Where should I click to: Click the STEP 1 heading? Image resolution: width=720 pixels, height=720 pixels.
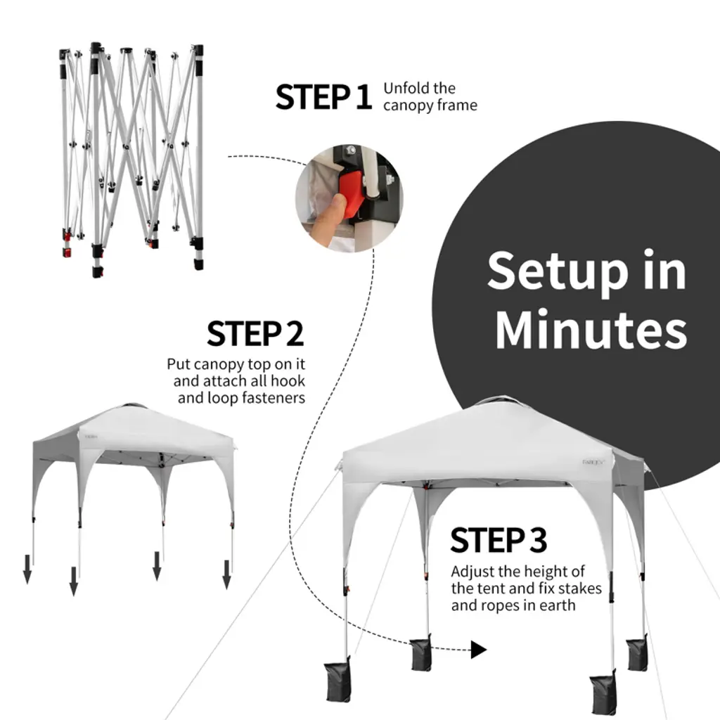pyautogui.click(x=323, y=97)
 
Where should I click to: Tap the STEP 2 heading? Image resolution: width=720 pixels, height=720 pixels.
pyautogui.click(x=255, y=334)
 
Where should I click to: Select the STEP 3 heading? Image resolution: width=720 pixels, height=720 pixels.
pyautogui.click(x=499, y=540)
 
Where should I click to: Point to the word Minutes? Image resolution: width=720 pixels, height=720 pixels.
pyautogui.click(x=591, y=329)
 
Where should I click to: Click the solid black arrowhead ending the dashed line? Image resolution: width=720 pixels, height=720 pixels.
pyautogui.click(x=479, y=650)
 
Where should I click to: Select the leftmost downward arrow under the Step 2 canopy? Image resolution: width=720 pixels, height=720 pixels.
pyautogui.click(x=27, y=569)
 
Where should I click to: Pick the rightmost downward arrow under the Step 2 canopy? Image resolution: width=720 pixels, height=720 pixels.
pyautogui.click(x=226, y=574)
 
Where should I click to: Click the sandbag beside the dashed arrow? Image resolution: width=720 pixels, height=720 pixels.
pyautogui.click(x=421, y=654)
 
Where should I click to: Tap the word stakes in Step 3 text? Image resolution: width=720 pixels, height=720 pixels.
pyautogui.click(x=576, y=589)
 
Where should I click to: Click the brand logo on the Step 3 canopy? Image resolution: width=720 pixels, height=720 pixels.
pyautogui.click(x=593, y=463)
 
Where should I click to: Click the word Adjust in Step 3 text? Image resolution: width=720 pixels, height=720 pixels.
pyautogui.click(x=472, y=572)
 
